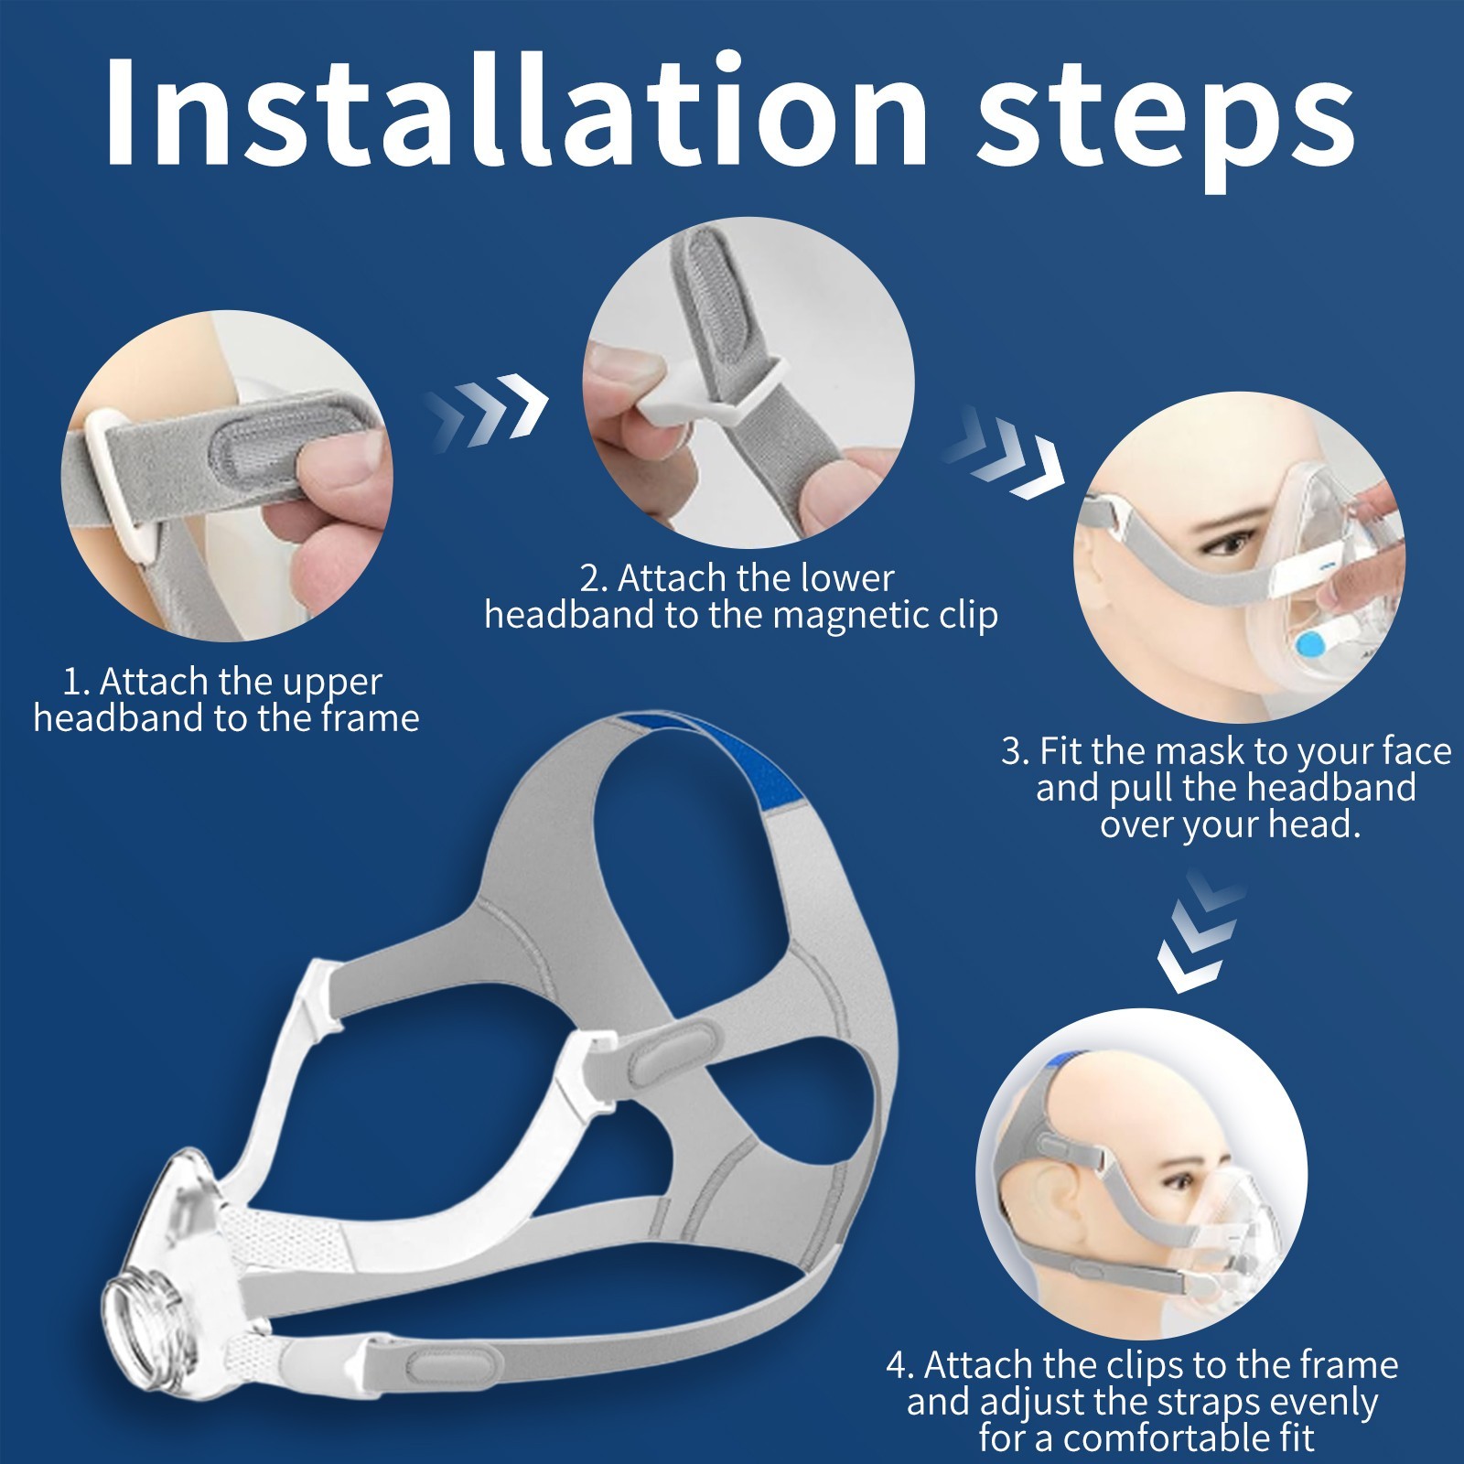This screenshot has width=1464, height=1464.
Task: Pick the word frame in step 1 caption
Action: [x=370, y=717]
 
